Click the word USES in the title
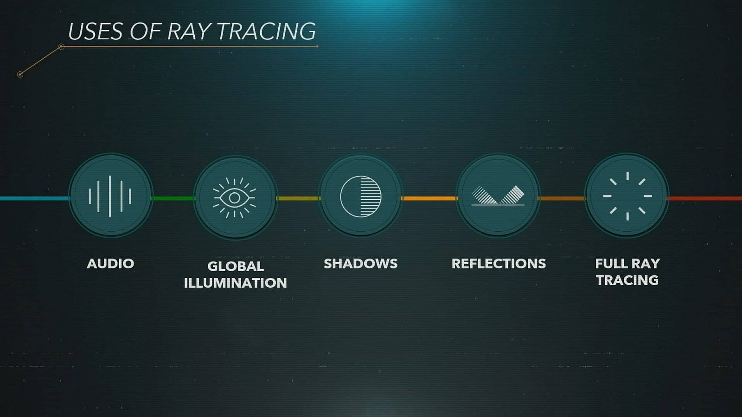pos(96,32)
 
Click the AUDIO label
pos(110,264)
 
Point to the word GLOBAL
pos(236,266)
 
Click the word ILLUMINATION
pos(236,283)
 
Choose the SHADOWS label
pos(360,264)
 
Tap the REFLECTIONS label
pos(499,264)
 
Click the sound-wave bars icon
pos(110,196)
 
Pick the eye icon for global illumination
pos(235,198)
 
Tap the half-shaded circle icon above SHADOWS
pos(361,196)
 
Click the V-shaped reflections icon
pos(498,196)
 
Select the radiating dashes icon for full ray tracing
pos(627,196)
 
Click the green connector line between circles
pos(173,199)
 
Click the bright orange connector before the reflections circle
pos(429,199)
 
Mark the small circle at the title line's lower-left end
pos(20,74)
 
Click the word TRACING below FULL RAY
pos(627,280)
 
